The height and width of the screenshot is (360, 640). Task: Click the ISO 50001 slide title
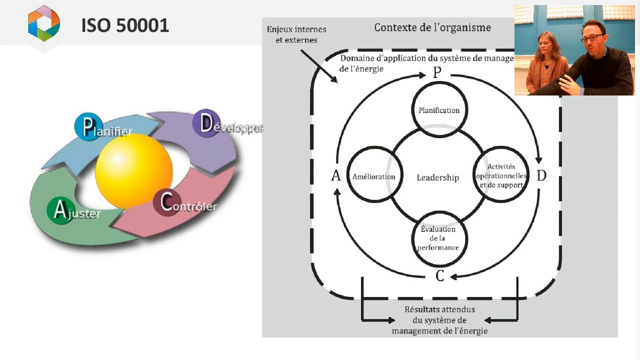pyautogui.click(x=125, y=25)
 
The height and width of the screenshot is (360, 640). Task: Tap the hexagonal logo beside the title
pyautogui.click(x=44, y=23)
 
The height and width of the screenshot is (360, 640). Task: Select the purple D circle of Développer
pyautogui.click(x=206, y=123)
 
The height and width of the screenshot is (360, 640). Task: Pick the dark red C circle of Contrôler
pyautogui.click(x=167, y=202)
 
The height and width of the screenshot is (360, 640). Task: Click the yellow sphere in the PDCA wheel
pyautogui.click(x=134, y=171)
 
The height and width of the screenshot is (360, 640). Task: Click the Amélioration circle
pyautogui.click(x=374, y=176)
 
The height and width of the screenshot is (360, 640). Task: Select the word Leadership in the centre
pyautogui.click(x=438, y=177)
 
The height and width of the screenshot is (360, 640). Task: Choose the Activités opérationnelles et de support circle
pyautogui.click(x=501, y=175)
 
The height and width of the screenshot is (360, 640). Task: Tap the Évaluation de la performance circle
pyautogui.click(x=439, y=238)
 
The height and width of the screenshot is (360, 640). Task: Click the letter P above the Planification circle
pyautogui.click(x=437, y=73)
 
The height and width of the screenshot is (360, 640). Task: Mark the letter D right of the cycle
pyautogui.click(x=541, y=175)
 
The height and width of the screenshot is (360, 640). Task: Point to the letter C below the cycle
pyautogui.click(x=439, y=275)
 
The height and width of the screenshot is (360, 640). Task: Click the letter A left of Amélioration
pyautogui.click(x=335, y=175)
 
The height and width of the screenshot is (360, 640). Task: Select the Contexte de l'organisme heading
pyautogui.click(x=432, y=27)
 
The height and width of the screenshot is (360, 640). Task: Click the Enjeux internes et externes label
pyautogui.click(x=296, y=35)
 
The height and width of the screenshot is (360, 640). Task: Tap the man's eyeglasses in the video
pyautogui.click(x=592, y=37)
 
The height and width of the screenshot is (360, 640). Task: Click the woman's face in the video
pyautogui.click(x=543, y=46)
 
